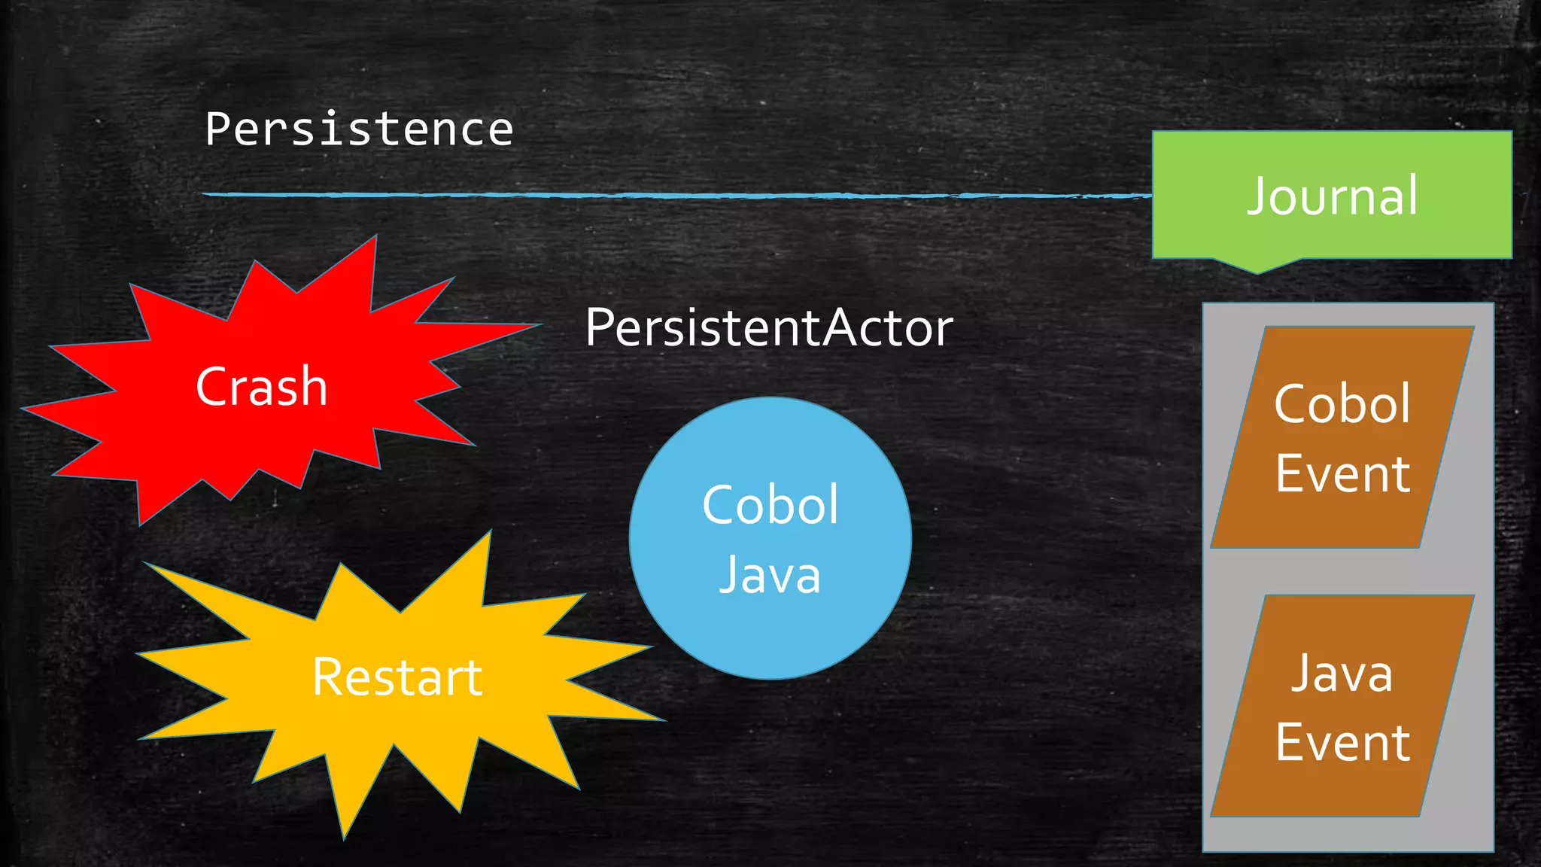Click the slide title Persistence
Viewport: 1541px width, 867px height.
359,129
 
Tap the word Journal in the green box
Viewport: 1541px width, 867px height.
1332,196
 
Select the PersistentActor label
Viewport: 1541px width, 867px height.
769,328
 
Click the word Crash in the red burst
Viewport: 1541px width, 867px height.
261,387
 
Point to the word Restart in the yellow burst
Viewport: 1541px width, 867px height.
397,677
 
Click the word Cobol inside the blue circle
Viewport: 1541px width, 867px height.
770,504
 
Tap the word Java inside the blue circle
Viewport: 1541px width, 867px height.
770,575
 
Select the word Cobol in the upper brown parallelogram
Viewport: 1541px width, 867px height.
1342,404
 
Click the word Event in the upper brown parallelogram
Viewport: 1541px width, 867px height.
1342,474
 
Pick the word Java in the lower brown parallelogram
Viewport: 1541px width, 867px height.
1342,673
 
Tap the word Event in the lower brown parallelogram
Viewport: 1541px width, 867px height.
1342,743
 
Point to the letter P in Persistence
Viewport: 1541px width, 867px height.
217,129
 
